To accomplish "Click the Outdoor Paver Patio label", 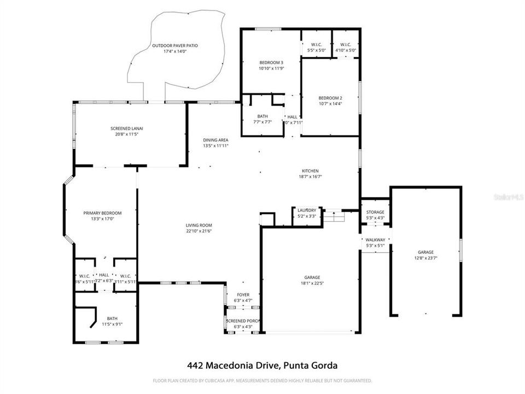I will point(175,45).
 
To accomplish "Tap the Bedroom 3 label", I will point(271,62).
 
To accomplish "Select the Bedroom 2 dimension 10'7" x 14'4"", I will point(330,104).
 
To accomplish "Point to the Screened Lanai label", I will point(130,128).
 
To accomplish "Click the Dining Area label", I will point(215,140).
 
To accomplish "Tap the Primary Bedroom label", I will point(102,213).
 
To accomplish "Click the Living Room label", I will point(199,225).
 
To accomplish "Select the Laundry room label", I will point(307,210).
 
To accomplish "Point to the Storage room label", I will point(375,212).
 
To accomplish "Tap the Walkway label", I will point(375,240).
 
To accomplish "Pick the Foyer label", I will point(243,295).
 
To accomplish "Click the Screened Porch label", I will point(243,321).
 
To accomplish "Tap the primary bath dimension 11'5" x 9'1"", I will point(112,324).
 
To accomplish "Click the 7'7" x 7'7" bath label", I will point(262,122).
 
